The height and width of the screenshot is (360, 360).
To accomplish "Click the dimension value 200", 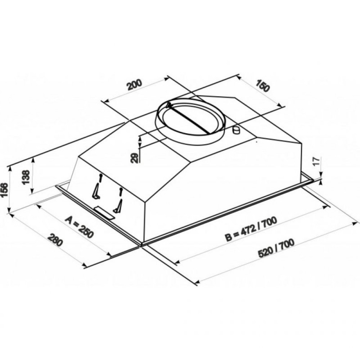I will [x=134, y=84].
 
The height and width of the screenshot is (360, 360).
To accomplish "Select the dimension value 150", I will [x=262, y=87].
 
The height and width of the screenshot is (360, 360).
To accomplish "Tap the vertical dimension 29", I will [x=135, y=158].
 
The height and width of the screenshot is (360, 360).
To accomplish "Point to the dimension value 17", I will [x=316, y=161].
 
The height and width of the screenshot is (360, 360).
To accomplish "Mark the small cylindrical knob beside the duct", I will [x=236, y=130].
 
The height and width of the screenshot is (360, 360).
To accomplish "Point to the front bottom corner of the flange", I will [x=141, y=245].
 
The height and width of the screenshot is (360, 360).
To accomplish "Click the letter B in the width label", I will [x=228, y=238].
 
